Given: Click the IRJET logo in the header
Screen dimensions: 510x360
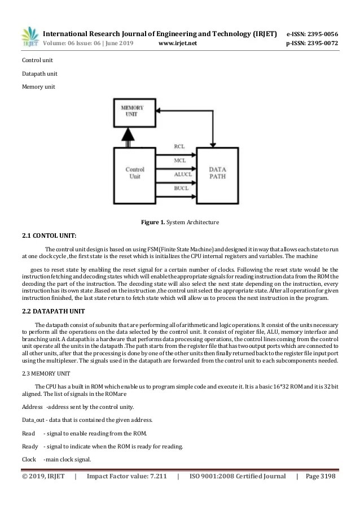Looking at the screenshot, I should [29, 37].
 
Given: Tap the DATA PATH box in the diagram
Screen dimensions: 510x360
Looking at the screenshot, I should [218, 172].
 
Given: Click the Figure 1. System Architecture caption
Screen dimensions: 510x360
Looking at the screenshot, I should [180, 222].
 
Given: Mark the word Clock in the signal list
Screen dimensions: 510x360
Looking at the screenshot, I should [29, 459].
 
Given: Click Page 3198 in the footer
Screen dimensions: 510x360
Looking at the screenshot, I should [320, 476].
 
